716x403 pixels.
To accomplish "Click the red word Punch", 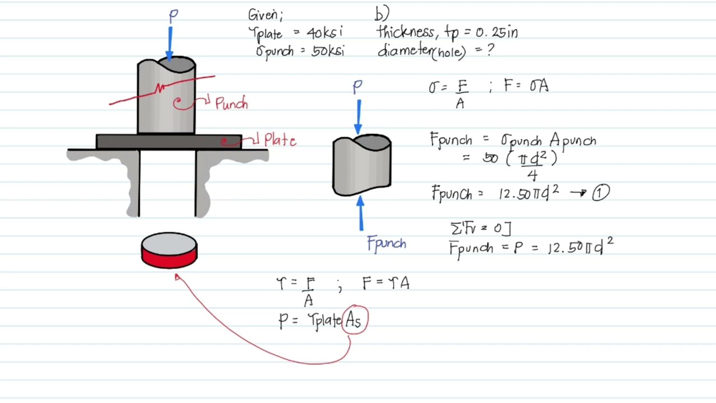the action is pos(232,103).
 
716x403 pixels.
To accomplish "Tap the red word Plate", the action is pos(280,140).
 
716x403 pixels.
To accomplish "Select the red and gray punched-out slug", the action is pos(169,250).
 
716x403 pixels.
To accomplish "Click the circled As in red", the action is pos(355,320).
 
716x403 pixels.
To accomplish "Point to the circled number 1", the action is pos(601,193).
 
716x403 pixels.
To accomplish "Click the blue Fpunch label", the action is pos(387,244).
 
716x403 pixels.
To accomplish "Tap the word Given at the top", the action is pos(265,15).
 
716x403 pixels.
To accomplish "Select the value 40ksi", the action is pos(324,32).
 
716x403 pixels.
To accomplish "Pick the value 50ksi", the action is pos(328,51).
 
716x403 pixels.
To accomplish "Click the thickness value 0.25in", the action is pos(496,32).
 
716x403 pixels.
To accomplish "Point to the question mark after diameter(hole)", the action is pos(491,50).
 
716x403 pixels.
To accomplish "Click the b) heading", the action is pos(382,13).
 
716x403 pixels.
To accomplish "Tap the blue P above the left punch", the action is pos(173,16).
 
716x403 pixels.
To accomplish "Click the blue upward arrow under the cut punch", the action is pos(361,213).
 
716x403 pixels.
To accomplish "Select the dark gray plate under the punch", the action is pos(169,142).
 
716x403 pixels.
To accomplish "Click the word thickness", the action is pos(406,32).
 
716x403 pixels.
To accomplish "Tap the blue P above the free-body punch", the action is pos(357,87).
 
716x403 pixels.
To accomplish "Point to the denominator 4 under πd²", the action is pos(532,175).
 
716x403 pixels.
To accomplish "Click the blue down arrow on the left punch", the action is pos(170,44).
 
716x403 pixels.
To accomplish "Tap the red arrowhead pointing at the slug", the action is pos(177,277).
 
